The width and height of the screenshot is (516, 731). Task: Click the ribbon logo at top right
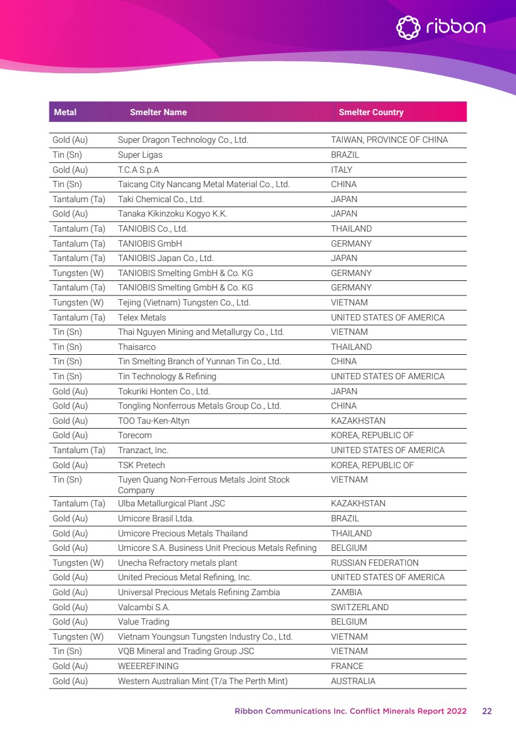(441, 27)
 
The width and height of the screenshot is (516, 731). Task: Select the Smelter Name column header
(158, 113)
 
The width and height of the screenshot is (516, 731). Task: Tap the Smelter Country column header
(371, 113)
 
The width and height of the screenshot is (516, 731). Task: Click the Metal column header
(65, 113)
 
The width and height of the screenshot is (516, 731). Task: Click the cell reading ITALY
(341, 170)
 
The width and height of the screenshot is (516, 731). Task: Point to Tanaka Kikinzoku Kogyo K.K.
(172, 214)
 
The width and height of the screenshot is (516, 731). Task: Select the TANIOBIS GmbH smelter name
(149, 243)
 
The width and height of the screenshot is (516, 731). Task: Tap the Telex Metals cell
(142, 317)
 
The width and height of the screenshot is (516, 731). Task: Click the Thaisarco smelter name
(136, 347)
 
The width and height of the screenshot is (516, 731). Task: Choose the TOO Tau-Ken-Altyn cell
(153, 421)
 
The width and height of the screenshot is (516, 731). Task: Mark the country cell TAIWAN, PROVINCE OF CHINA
(389, 140)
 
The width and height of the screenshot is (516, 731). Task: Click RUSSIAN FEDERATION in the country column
(375, 563)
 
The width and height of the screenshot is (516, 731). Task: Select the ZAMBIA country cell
(346, 592)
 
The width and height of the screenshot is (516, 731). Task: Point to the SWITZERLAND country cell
(360, 607)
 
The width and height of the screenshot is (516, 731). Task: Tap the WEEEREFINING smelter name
(148, 666)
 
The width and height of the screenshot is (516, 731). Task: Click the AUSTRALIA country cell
(353, 681)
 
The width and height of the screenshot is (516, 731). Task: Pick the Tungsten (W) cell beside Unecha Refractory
(78, 563)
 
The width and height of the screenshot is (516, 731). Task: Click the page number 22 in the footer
(487, 711)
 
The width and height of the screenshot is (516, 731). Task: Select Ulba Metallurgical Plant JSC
(171, 504)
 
